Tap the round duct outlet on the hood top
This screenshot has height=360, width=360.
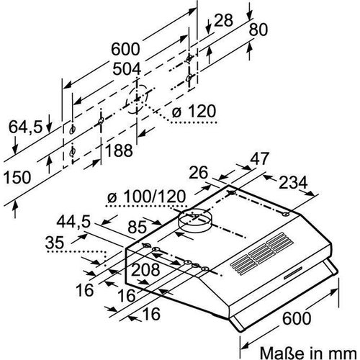pyautogui.click(x=192, y=220)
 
